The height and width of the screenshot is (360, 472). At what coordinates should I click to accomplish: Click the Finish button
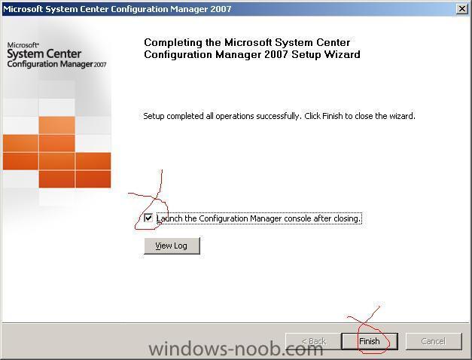click(370, 341)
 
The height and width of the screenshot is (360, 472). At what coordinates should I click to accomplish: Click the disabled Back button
click(313, 341)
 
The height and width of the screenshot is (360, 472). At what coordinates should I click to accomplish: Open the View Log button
click(172, 246)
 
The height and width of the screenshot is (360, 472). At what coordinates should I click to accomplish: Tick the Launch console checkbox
click(148, 218)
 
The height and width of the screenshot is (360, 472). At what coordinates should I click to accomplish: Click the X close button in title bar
click(462, 9)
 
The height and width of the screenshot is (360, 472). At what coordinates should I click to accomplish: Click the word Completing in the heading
click(173, 43)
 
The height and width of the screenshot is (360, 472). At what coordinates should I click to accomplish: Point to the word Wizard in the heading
click(343, 54)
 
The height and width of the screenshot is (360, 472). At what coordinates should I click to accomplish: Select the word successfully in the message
click(279, 116)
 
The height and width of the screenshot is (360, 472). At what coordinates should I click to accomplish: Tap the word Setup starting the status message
click(154, 116)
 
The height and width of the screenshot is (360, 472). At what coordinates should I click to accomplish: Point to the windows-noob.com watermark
click(236, 349)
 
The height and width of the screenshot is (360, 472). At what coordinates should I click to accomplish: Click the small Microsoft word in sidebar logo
click(23, 45)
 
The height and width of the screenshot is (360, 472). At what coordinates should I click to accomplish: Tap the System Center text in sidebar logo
click(44, 54)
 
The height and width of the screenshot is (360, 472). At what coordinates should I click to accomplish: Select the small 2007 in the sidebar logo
click(100, 65)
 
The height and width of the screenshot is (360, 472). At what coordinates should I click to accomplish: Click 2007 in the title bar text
click(221, 9)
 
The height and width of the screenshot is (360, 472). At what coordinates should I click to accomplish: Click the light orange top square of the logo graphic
click(56, 125)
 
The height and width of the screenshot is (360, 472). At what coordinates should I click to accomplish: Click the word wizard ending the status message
click(402, 116)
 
